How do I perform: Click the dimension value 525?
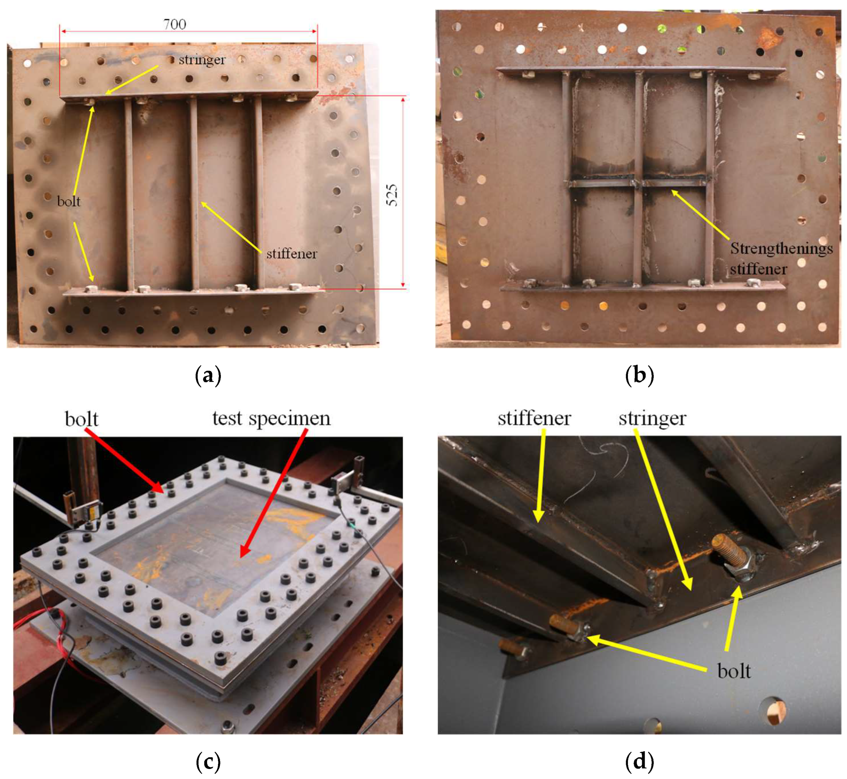click(392, 195)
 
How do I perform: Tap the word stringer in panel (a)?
click(202, 60)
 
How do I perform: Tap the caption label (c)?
click(209, 761)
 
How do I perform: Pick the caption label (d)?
click(639, 761)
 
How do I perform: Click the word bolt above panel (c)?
click(82, 419)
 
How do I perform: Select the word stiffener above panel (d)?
click(534, 419)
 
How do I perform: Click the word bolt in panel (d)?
click(734, 671)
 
